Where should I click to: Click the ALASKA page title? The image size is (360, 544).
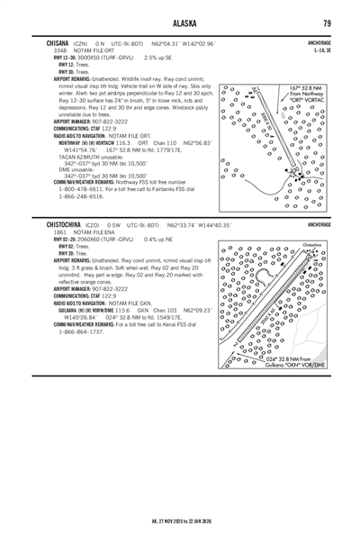pyautogui.click(x=180, y=24)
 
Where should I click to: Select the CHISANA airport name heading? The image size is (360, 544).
pyautogui.click(x=59, y=43)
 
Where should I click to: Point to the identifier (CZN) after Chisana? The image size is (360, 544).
pyautogui.click(x=82, y=43)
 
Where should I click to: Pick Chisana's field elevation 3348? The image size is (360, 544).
pyautogui.click(x=59, y=51)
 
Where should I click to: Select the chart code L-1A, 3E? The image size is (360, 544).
pyautogui.click(x=322, y=51)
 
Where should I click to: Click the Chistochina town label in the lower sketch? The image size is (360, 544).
pyautogui.click(x=304, y=244)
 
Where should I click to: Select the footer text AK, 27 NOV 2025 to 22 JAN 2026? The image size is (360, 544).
pyautogui.click(x=180, y=520)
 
